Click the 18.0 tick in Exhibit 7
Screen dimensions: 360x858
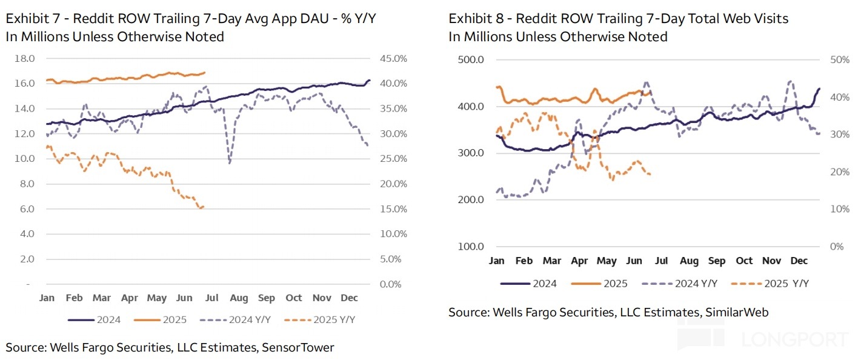27,59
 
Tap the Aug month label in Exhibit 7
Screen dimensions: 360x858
239,298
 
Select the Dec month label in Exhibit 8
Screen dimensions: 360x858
799,261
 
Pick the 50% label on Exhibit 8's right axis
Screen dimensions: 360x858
836,59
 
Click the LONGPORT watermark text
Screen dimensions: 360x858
794,339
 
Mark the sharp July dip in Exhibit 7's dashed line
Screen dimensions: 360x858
229,162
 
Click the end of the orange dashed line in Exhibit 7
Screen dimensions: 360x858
203,207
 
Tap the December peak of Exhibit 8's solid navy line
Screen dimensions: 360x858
819,89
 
